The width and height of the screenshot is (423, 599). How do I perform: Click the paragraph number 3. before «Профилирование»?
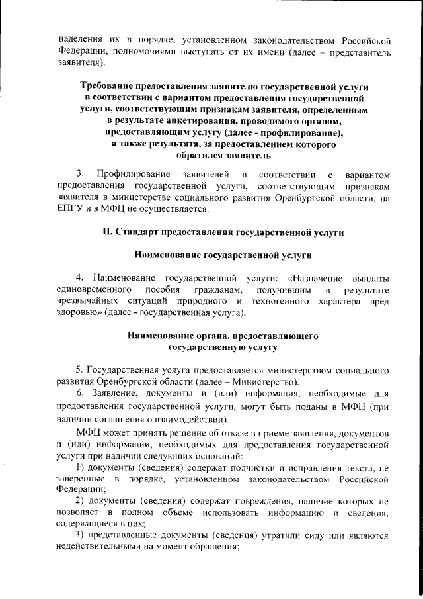[x=80, y=174]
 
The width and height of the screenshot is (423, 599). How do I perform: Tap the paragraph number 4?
[x=80, y=277]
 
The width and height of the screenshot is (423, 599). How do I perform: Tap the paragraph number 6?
[x=80, y=394]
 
